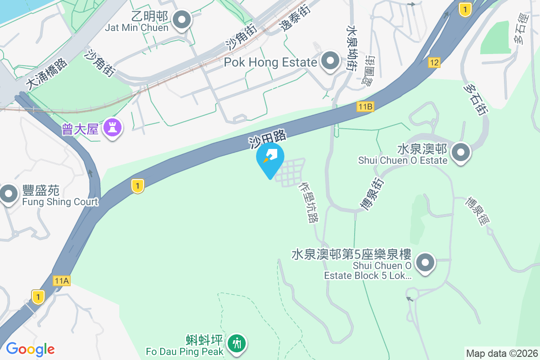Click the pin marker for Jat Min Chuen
click(182, 20)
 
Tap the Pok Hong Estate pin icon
click(331, 60)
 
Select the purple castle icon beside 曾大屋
click(112, 128)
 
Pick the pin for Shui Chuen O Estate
click(460, 152)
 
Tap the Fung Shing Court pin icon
click(8, 194)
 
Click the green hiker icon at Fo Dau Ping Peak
click(236, 343)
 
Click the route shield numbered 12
click(434, 63)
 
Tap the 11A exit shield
click(61, 281)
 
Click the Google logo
click(30, 349)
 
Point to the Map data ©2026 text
click(501, 353)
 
